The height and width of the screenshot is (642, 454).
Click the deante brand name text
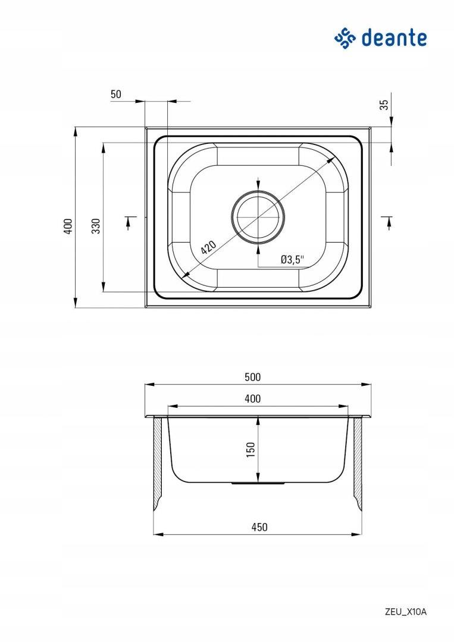394,38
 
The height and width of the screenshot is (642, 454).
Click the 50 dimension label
116,94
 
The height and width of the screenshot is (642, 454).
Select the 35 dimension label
384,105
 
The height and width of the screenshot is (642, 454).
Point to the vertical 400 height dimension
68,226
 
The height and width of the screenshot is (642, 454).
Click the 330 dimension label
95,226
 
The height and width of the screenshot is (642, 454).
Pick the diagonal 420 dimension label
209,247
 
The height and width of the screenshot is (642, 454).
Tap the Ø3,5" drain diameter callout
293,259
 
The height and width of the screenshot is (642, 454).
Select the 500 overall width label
252,377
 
